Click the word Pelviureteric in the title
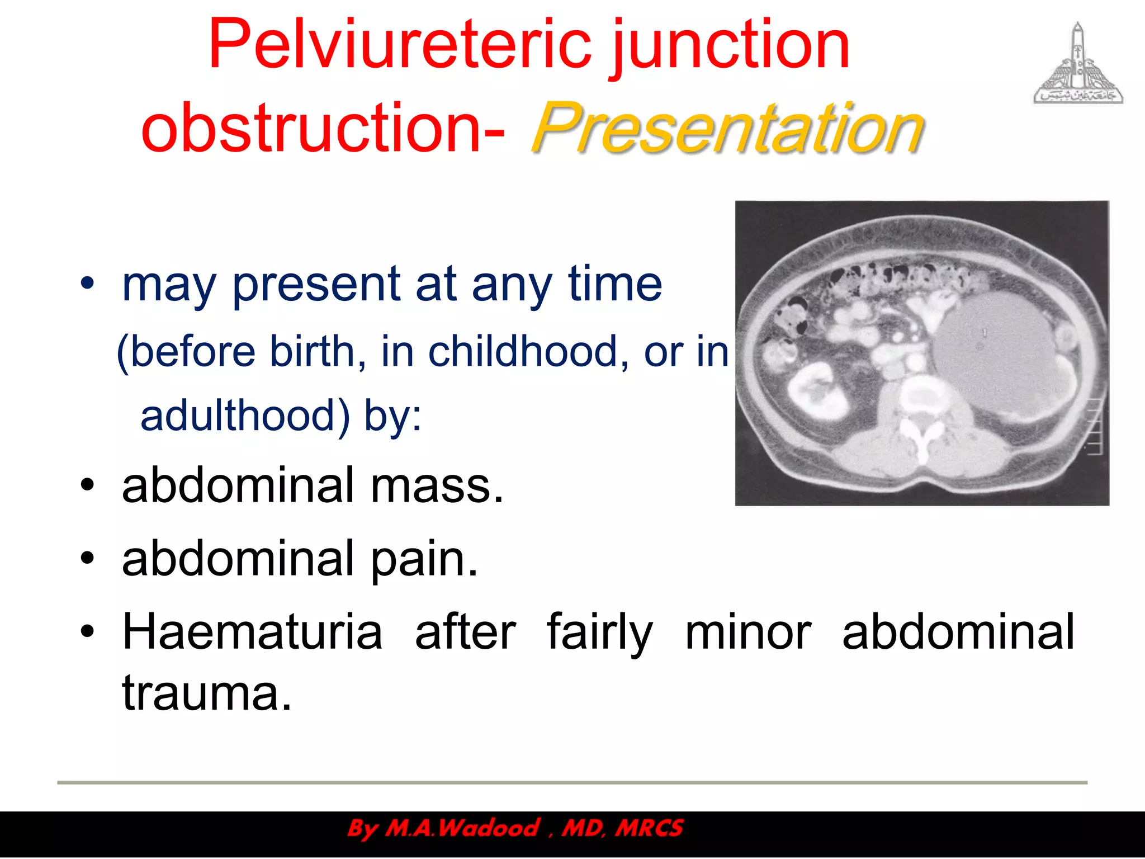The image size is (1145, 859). (399, 45)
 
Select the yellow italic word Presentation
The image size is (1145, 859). (727, 129)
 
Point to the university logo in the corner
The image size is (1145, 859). (1078, 65)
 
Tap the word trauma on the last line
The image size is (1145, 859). (207, 693)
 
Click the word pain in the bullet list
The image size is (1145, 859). (425, 559)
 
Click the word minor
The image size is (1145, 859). (748, 633)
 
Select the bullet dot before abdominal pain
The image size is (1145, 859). (87, 558)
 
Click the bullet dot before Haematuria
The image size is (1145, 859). (87, 631)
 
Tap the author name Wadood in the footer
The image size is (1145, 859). (489, 828)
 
